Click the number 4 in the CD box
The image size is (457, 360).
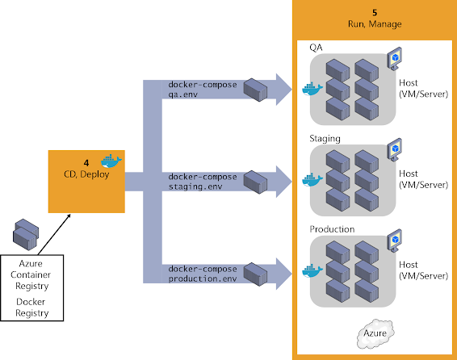[x=86, y=163]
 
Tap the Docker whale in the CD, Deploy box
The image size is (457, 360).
[x=111, y=161]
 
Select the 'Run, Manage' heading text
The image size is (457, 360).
[x=375, y=24]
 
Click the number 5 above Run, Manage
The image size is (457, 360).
[x=375, y=13]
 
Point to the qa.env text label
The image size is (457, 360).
[x=183, y=94]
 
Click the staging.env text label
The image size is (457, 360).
[x=195, y=186]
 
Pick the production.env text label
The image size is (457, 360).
[x=203, y=278]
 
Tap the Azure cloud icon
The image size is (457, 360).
[x=375, y=333]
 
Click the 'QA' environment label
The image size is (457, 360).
[x=316, y=48]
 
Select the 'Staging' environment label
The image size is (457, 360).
[x=325, y=139]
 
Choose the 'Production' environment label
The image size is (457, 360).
[x=332, y=229]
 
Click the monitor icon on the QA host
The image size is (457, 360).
[x=395, y=59]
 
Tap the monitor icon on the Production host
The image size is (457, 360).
[x=395, y=241]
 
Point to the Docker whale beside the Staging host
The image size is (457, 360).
[x=312, y=180]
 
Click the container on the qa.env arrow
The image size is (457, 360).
[x=255, y=90]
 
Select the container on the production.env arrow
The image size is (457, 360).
[x=255, y=274]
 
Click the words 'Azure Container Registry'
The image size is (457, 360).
[x=31, y=274]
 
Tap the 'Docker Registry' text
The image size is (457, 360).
[x=31, y=308]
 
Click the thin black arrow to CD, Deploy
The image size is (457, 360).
[x=54, y=234]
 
